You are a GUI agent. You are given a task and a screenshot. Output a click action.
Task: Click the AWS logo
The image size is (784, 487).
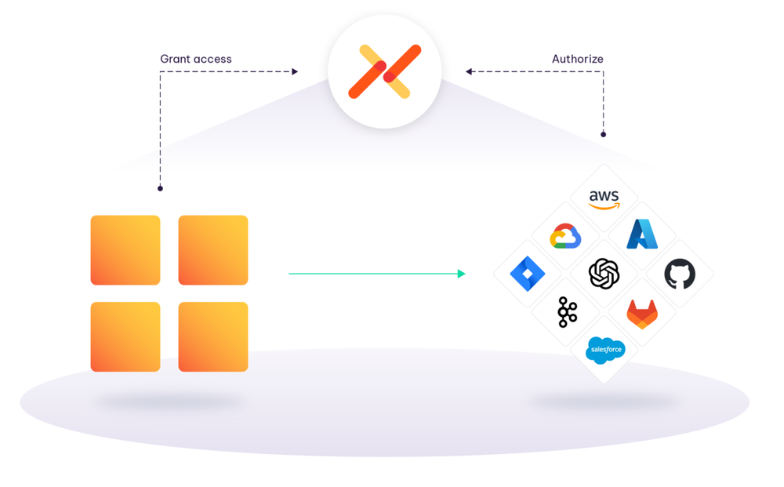[604, 199]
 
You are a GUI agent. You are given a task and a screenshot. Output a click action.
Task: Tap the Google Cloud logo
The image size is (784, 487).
[565, 236]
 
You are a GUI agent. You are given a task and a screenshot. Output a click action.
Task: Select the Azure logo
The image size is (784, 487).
[642, 234]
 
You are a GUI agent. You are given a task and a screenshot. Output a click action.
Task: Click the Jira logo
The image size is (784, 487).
[528, 274]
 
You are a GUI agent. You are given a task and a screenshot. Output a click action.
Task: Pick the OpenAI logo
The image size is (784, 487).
[604, 274]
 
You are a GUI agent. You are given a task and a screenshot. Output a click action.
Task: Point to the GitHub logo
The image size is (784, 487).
[680, 274]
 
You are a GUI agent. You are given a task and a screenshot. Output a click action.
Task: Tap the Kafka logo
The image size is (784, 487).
[567, 312]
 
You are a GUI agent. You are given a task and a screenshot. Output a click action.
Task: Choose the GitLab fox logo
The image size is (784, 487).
[642, 314]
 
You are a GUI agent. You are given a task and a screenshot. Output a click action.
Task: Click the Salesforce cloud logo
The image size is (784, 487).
[605, 350]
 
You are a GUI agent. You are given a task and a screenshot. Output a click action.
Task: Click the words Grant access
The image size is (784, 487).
[196, 59]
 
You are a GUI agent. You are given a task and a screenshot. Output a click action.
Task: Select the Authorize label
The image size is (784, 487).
[578, 59]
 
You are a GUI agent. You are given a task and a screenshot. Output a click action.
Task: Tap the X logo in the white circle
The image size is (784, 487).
[384, 71]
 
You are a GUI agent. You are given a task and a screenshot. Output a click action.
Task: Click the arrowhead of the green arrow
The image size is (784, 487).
[462, 274]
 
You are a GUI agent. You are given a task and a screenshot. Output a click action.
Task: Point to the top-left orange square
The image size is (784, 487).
[125, 250]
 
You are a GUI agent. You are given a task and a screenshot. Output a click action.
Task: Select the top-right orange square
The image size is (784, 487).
[213, 250]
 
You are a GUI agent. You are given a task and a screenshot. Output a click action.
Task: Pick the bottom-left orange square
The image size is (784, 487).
[125, 336]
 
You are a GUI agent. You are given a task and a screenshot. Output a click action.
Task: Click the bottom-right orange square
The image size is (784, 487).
[213, 336]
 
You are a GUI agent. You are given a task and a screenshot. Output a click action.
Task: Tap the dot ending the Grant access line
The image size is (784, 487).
[160, 188]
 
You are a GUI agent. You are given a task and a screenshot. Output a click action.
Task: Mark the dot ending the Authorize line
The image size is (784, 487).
[603, 134]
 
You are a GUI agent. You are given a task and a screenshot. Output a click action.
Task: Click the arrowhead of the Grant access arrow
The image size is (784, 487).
[295, 72]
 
